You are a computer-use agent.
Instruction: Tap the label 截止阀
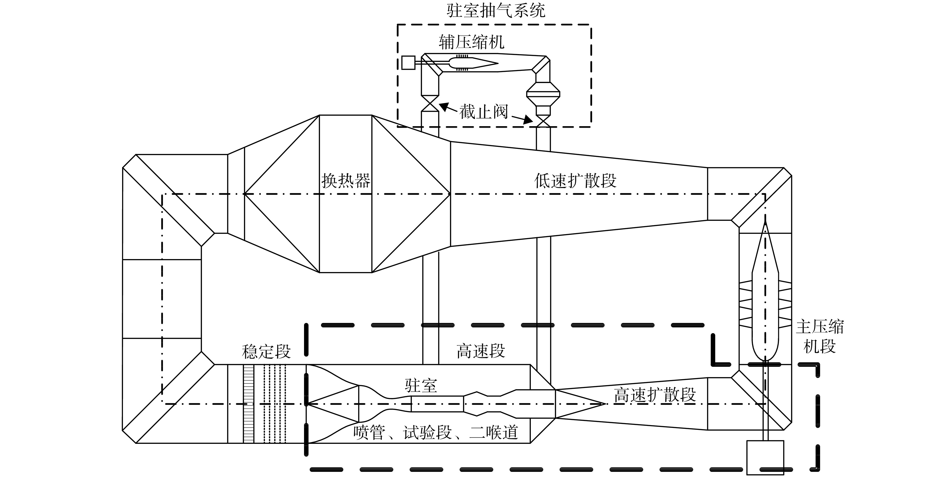(x=484, y=111)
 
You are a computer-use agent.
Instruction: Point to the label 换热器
(x=346, y=181)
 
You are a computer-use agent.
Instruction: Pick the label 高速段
(x=481, y=351)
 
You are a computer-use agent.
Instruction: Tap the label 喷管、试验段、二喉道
(x=436, y=432)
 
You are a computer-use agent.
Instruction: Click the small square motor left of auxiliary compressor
(x=408, y=63)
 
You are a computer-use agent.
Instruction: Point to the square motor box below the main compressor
(x=765, y=458)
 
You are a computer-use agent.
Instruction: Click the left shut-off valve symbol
(x=430, y=103)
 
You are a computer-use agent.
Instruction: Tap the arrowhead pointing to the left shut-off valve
(x=443, y=106)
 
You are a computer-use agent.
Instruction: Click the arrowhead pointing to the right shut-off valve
(x=528, y=120)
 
